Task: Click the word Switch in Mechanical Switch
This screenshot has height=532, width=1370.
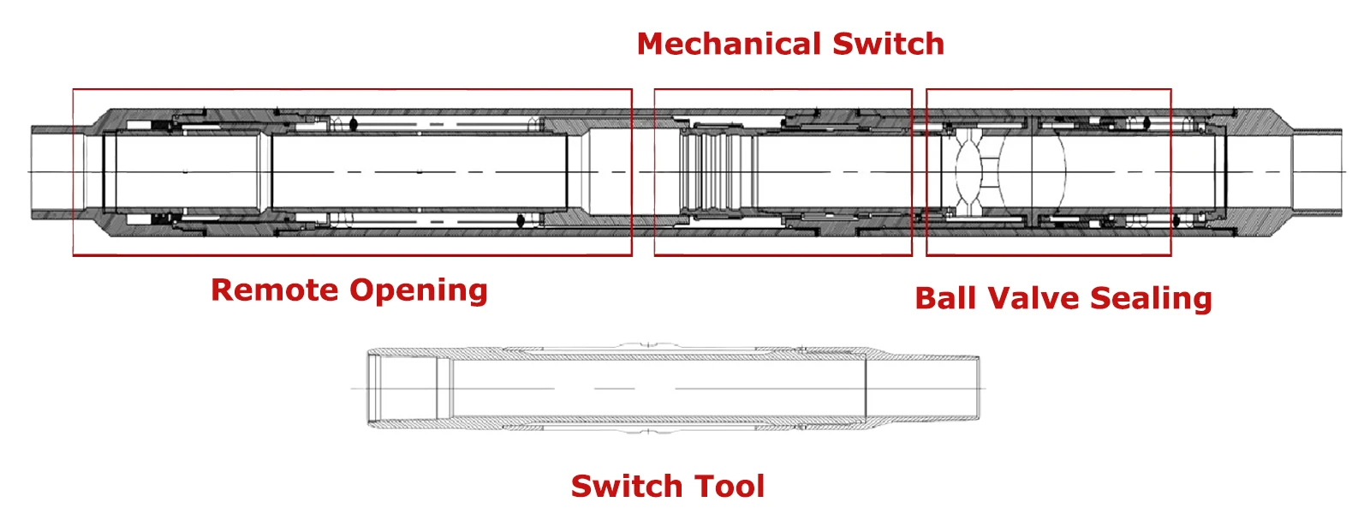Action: click(888, 44)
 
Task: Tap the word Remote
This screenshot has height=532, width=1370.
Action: click(275, 290)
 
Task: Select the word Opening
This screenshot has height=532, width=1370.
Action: click(419, 291)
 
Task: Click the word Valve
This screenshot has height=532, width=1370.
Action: click(1033, 298)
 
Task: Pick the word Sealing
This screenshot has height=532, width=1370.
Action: click(1151, 300)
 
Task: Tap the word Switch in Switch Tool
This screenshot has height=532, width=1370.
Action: click(626, 486)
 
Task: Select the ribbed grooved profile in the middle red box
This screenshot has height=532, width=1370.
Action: click(716, 172)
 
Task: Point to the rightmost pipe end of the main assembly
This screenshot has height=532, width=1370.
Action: click(1317, 172)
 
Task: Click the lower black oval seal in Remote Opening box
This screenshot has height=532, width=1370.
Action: click(521, 221)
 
